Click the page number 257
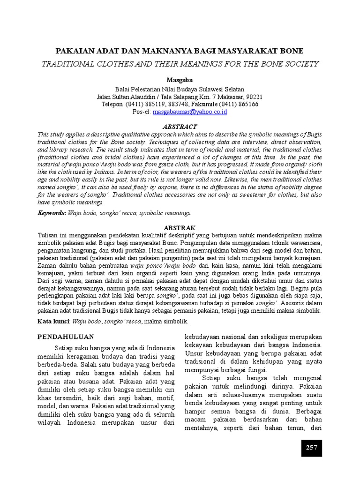(x=312, y=447)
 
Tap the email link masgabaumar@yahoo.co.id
(x=187, y=112)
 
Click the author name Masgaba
(x=180, y=80)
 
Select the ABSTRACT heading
(x=180, y=127)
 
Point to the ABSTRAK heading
(x=180, y=227)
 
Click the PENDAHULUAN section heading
(x=66, y=337)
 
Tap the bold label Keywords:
(x=52, y=213)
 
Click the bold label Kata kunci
(x=53, y=322)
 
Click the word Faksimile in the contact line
(x=207, y=104)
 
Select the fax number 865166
(x=248, y=104)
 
